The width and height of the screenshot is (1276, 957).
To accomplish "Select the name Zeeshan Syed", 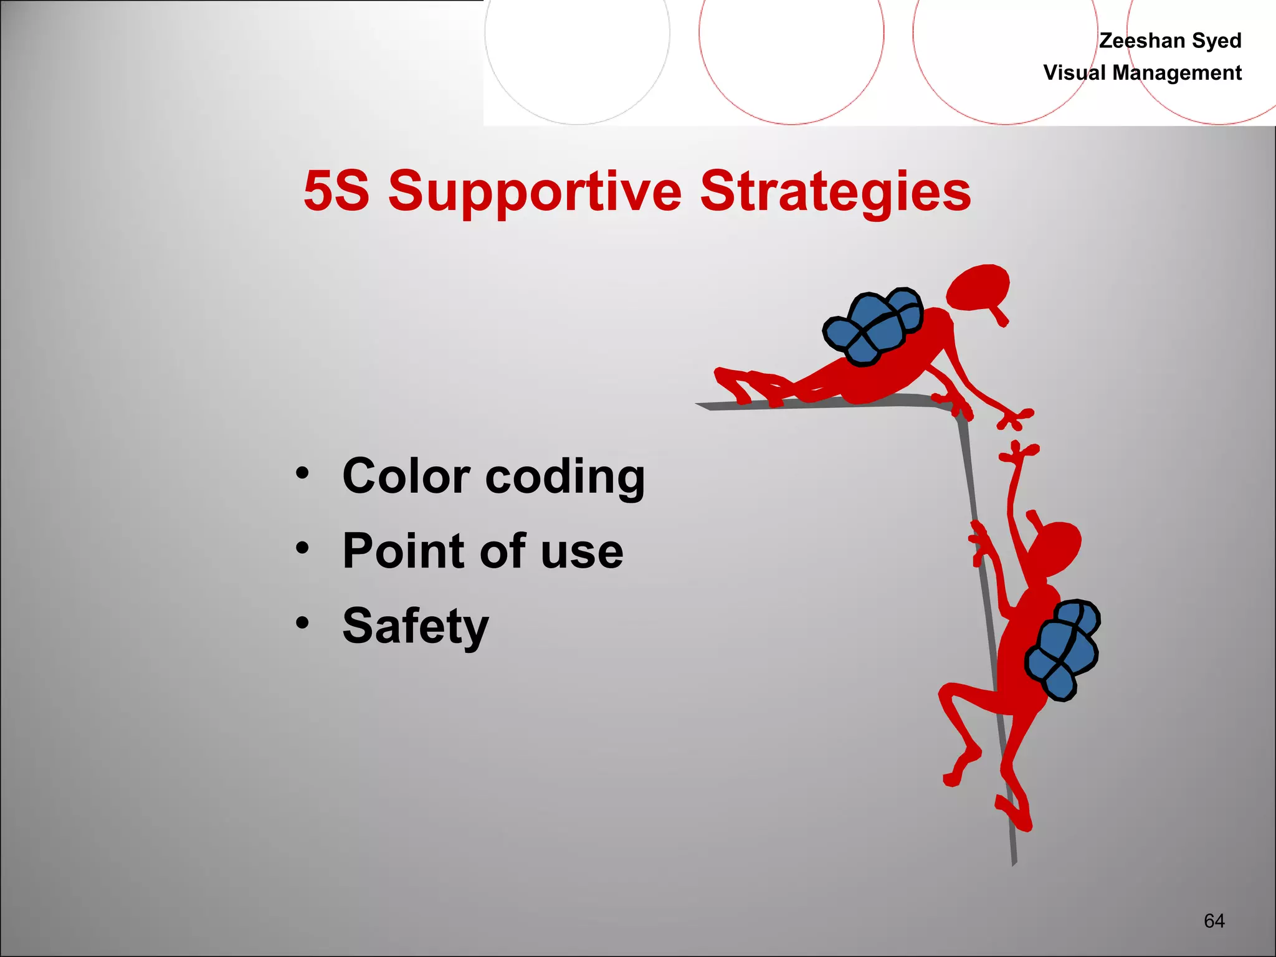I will click(1170, 40).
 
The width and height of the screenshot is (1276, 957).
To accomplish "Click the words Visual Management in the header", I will click(1142, 73).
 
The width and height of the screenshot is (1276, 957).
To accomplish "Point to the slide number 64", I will click(1214, 921).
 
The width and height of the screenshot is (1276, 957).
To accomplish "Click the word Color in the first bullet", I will click(407, 476).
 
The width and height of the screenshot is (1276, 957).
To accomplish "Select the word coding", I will click(564, 477).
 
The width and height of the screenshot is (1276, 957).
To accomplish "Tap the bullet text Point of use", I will click(483, 551).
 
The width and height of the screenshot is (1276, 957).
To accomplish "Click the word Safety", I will click(416, 626).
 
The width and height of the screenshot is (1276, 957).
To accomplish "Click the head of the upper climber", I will click(978, 288).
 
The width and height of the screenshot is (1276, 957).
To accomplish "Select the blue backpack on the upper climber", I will click(872, 327).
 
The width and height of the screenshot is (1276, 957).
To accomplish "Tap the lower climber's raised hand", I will click(1019, 453).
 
